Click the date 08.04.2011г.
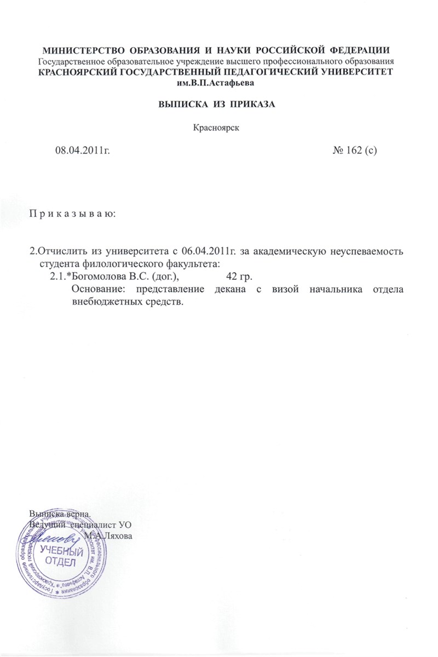(82, 151)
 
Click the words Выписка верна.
(59, 515)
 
